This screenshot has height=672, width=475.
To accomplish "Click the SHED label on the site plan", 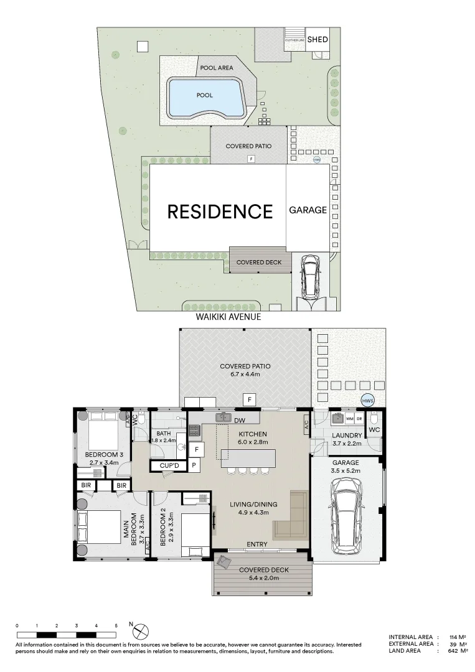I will [x=317, y=39].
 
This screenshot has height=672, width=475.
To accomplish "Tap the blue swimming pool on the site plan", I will [x=205, y=97].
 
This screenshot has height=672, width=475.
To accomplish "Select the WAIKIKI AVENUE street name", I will [x=227, y=317].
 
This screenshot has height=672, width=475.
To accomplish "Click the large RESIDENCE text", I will [x=220, y=212].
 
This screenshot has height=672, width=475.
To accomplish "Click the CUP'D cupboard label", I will [x=169, y=465].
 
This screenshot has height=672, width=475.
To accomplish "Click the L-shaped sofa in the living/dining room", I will [x=295, y=516].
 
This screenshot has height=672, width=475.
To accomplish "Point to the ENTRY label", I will [x=256, y=544].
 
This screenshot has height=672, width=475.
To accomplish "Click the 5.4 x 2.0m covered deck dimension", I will [x=263, y=578].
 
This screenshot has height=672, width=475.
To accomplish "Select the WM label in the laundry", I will [x=349, y=418].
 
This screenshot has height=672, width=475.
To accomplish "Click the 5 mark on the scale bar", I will [x=116, y=625].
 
